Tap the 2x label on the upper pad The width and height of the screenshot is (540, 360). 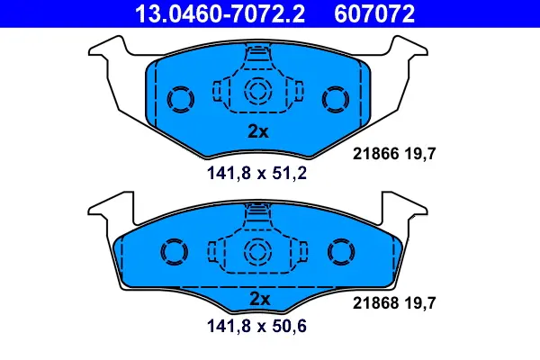coord(258,130)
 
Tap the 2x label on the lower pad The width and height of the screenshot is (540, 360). coord(258,298)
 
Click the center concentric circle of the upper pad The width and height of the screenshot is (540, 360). coord(258,90)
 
